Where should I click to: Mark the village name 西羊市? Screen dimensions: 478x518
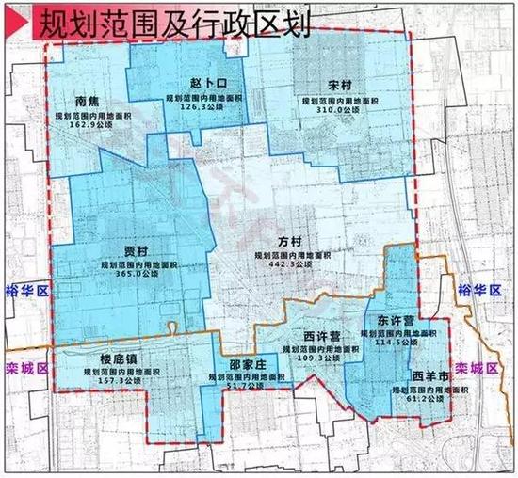[429, 376]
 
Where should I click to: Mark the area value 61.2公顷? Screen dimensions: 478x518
[429, 401]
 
